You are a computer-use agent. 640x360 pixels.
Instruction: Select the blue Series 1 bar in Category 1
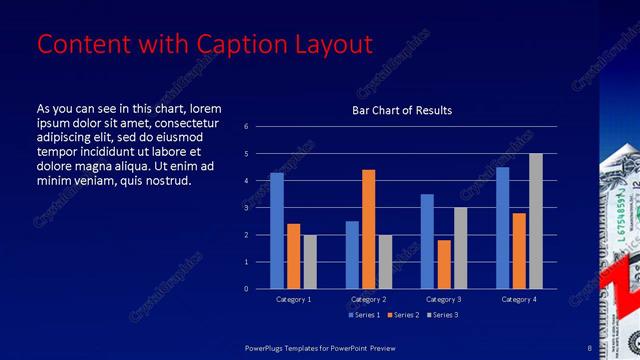(x=277, y=231)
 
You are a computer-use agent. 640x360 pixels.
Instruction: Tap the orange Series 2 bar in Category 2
(x=368, y=229)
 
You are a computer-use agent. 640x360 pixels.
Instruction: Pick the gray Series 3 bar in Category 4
(x=536, y=221)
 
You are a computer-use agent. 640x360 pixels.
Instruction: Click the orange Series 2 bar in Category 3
(x=444, y=264)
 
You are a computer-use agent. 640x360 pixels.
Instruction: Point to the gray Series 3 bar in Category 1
(x=310, y=262)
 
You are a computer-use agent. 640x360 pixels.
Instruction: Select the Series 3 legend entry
(x=444, y=315)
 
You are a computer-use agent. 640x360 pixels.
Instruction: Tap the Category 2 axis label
(x=368, y=299)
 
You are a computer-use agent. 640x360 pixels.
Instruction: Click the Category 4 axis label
(x=518, y=299)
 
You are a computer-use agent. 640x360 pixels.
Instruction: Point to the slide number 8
(x=590, y=347)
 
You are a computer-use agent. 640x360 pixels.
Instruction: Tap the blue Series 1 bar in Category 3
(x=427, y=241)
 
